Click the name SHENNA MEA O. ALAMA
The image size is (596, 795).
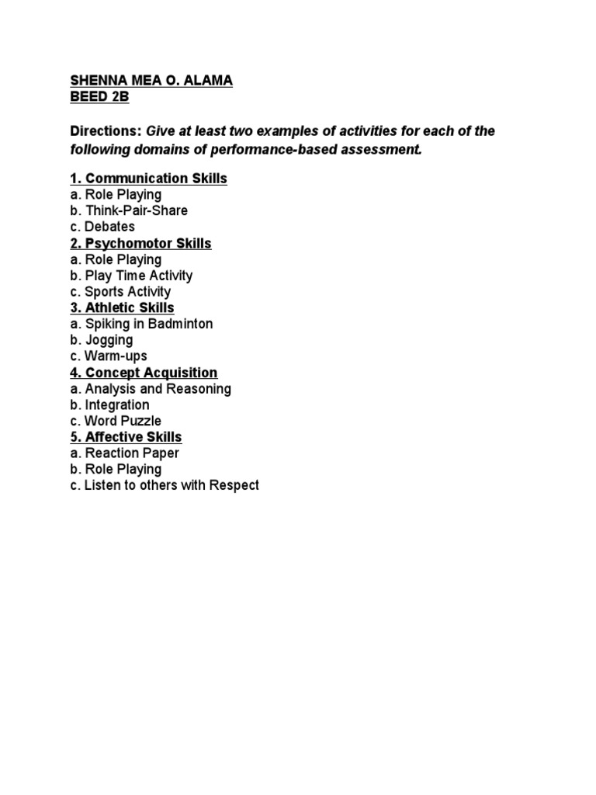pos(151,82)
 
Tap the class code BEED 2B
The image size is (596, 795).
pos(100,98)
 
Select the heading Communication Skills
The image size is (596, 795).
pos(148,179)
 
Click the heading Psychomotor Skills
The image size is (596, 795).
pos(140,243)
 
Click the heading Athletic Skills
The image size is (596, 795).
pos(122,308)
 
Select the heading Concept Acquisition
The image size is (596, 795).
pos(144,373)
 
